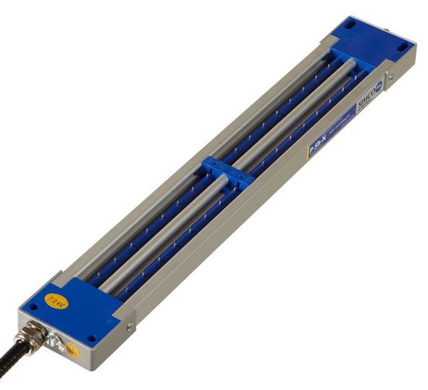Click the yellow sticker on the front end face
(72, 350)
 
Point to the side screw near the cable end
(129, 328)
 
